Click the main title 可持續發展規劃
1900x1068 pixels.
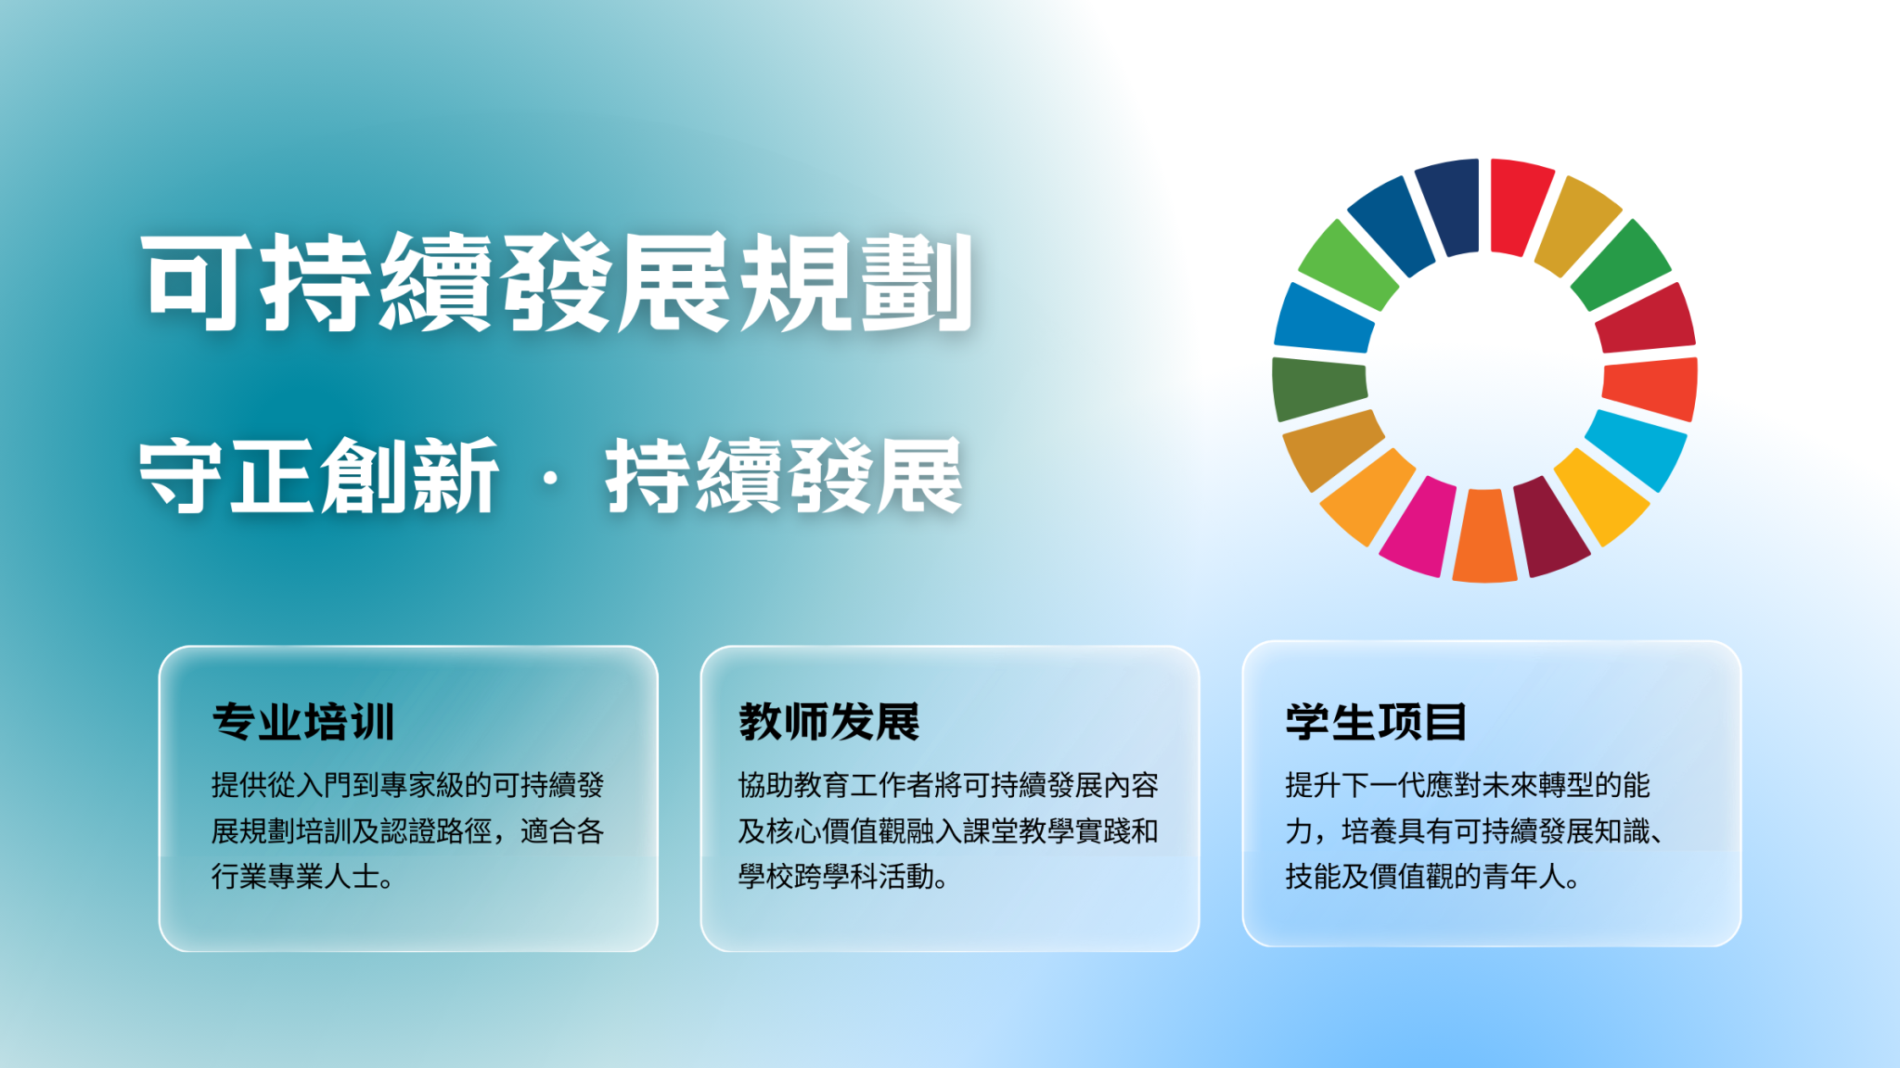(557, 282)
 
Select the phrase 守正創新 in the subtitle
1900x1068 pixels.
(319, 476)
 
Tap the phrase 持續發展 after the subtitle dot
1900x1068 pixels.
(784, 476)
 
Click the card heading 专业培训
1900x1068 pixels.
(303, 722)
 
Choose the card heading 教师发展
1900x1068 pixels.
(828, 722)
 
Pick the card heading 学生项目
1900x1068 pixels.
(1376, 722)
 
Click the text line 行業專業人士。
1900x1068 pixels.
(302, 876)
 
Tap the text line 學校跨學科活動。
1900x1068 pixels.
(843, 876)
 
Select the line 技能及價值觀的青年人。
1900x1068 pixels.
(1432, 876)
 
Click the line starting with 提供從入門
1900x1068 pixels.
(407, 785)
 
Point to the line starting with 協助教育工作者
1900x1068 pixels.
(948, 785)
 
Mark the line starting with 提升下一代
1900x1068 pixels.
(1468, 785)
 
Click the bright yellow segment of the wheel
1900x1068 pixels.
(1600, 495)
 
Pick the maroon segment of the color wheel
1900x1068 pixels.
(1551, 526)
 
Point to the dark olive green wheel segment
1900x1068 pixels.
(1318, 388)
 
